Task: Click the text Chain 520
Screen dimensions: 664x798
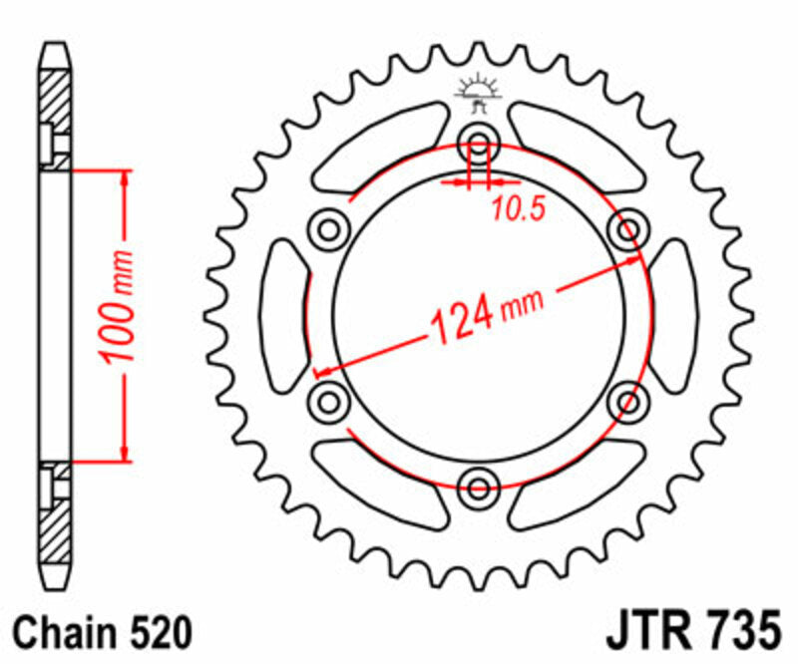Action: click(99, 632)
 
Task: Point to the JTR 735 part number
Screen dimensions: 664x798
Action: click(691, 632)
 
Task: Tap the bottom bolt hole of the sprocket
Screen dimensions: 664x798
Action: click(479, 488)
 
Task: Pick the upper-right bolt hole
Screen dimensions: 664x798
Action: click(628, 230)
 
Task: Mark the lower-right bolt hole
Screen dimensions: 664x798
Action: click(628, 402)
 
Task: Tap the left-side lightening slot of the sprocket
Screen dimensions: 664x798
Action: click(282, 316)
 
